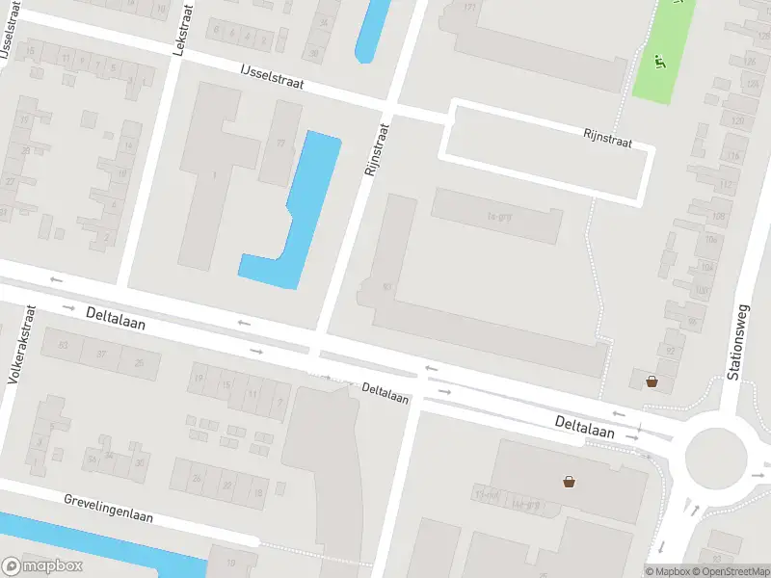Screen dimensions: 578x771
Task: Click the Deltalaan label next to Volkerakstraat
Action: [115, 319]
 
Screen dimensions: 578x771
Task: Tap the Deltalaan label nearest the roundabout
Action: [584, 427]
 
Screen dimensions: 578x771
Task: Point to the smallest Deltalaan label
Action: [385, 393]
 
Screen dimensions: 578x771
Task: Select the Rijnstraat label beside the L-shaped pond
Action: [376, 150]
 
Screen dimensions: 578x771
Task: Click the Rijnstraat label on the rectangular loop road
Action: [607, 140]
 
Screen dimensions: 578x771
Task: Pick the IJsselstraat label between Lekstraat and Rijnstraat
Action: [273, 77]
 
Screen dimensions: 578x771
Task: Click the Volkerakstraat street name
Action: [21, 345]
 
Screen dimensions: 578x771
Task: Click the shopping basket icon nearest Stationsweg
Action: [651, 381]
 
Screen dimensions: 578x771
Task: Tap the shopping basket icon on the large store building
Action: [569, 480]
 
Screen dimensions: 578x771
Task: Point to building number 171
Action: [470, 9]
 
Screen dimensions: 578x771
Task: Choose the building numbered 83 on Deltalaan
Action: [65, 345]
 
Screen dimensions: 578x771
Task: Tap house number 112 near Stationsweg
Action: [726, 184]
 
